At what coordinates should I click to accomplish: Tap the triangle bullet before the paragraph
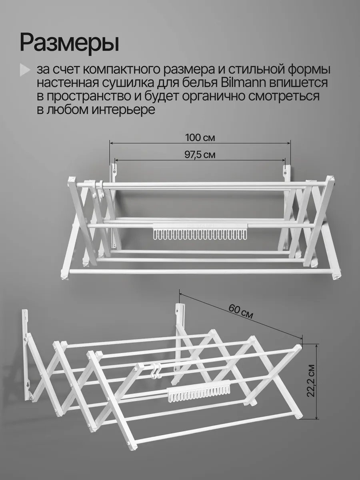(x=25, y=70)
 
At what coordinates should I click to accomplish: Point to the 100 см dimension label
(x=200, y=138)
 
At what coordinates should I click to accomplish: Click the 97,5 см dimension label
(x=200, y=155)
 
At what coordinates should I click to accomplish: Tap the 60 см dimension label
(x=241, y=311)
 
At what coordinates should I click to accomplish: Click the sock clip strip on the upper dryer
(x=199, y=231)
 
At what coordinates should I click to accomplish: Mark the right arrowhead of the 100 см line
(x=289, y=143)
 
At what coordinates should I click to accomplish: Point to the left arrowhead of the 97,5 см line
(x=116, y=160)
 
